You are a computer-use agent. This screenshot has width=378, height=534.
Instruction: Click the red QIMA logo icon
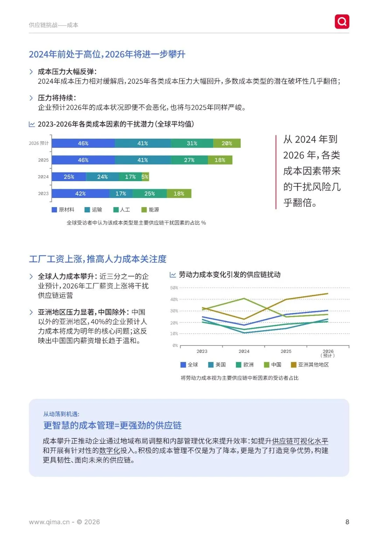pos(342,22)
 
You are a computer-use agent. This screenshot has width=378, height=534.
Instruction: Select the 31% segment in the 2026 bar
pos(192,143)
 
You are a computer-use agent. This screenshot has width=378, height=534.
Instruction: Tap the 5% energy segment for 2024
pos(145,177)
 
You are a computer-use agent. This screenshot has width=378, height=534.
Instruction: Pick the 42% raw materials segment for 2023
pos(80,194)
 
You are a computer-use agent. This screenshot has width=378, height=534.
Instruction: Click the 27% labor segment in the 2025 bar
pos(189,160)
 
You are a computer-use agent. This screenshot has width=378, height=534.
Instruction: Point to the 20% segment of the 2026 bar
pos(227,143)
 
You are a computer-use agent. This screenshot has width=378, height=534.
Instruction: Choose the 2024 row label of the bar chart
pos(43,177)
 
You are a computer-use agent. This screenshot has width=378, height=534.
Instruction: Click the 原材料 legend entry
pos(63,210)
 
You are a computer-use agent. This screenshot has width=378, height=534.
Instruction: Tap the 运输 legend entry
pos(93,210)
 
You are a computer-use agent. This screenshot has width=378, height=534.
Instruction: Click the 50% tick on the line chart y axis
pos(174,288)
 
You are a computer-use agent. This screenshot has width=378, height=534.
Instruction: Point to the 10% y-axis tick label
pos(174,334)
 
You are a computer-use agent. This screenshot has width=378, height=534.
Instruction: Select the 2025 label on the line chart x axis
pos(286,351)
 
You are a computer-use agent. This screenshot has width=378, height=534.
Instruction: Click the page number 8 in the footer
pos(347,522)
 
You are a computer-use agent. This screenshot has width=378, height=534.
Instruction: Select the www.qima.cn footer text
pos(49,522)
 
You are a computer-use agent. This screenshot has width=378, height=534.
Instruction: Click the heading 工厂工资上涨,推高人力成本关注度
pos(98,259)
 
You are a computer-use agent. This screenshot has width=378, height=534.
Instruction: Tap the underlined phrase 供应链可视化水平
pos(300,441)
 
